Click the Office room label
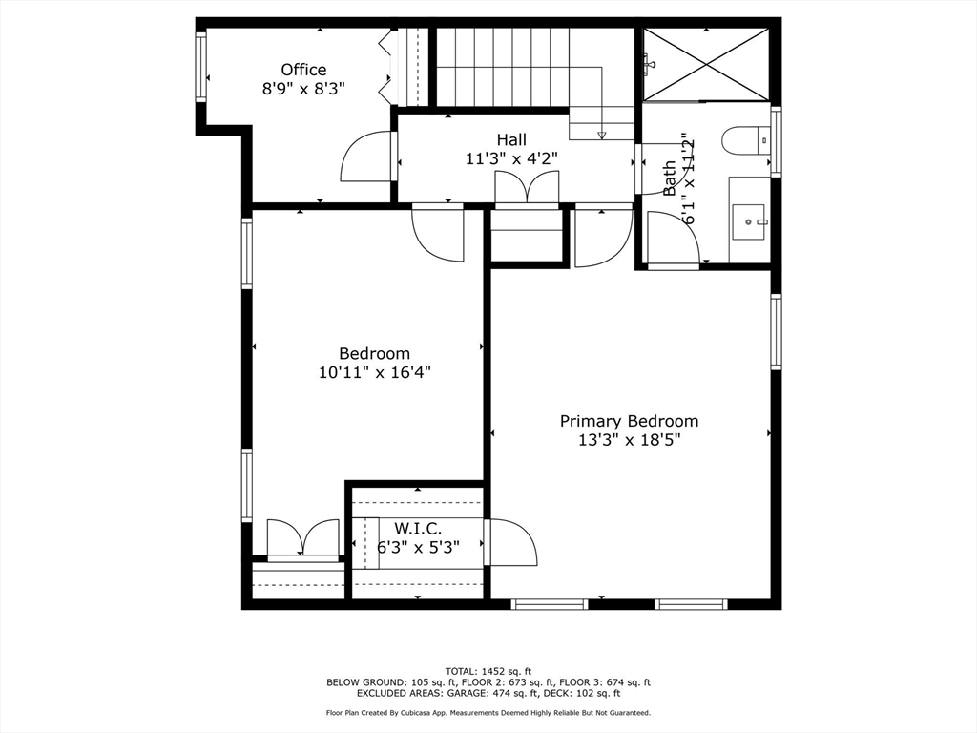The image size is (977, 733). [303, 70]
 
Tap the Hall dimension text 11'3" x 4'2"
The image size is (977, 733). [510, 159]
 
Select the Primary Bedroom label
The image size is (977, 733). [629, 421]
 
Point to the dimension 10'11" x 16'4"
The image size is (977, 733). [375, 373]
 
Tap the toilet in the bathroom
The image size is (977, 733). [743, 141]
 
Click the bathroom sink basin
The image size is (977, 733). [748, 221]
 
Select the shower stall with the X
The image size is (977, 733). [706, 63]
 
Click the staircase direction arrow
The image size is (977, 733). [601, 135]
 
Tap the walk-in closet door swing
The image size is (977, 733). [512, 543]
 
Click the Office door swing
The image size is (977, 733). [367, 157]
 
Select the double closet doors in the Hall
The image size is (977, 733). [527, 188]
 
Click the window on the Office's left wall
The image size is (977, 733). [201, 67]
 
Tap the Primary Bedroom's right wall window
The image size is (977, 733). [776, 331]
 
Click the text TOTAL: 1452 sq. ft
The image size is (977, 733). [488, 670]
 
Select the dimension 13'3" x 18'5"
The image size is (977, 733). [629, 440]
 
